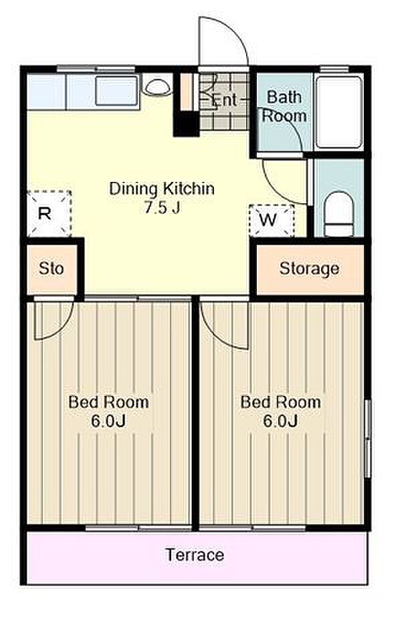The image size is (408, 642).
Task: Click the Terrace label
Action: (x=195, y=555)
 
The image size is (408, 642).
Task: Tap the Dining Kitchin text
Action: (x=162, y=189)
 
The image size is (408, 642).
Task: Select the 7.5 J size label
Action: (x=163, y=208)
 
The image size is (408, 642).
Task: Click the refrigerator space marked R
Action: (x=49, y=214)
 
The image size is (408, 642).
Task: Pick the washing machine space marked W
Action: (x=272, y=220)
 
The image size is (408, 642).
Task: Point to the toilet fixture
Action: (x=338, y=214)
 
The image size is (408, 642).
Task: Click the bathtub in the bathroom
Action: (x=338, y=112)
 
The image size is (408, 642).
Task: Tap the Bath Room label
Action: (x=284, y=106)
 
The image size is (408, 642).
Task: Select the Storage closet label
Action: (x=309, y=269)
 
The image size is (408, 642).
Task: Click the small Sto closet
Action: (x=52, y=269)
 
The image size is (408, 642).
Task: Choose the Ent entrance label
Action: (x=225, y=100)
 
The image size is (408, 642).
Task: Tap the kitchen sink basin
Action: (x=116, y=90)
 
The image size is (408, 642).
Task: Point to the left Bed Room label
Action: (x=108, y=402)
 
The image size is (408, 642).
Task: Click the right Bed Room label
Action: (x=281, y=402)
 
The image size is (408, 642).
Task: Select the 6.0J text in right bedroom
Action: (x=281, y=421)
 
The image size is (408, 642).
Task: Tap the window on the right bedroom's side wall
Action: (x=367, y=439)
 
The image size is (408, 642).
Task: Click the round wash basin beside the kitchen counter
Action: (x=158, y=86)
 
